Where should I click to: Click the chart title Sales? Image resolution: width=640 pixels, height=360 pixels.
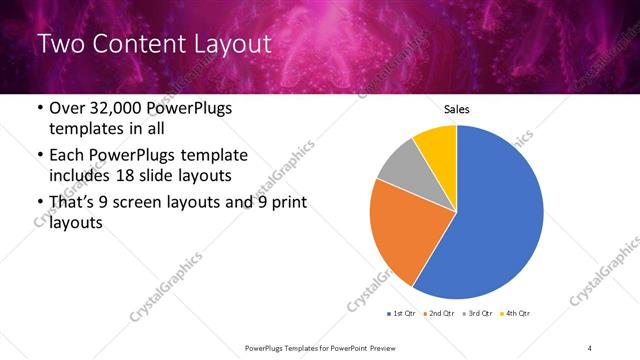click(456, 110)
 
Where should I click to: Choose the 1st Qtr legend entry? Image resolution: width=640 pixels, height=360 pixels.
click(403, 313)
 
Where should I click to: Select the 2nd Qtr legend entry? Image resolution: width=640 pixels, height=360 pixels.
click(439, 313)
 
